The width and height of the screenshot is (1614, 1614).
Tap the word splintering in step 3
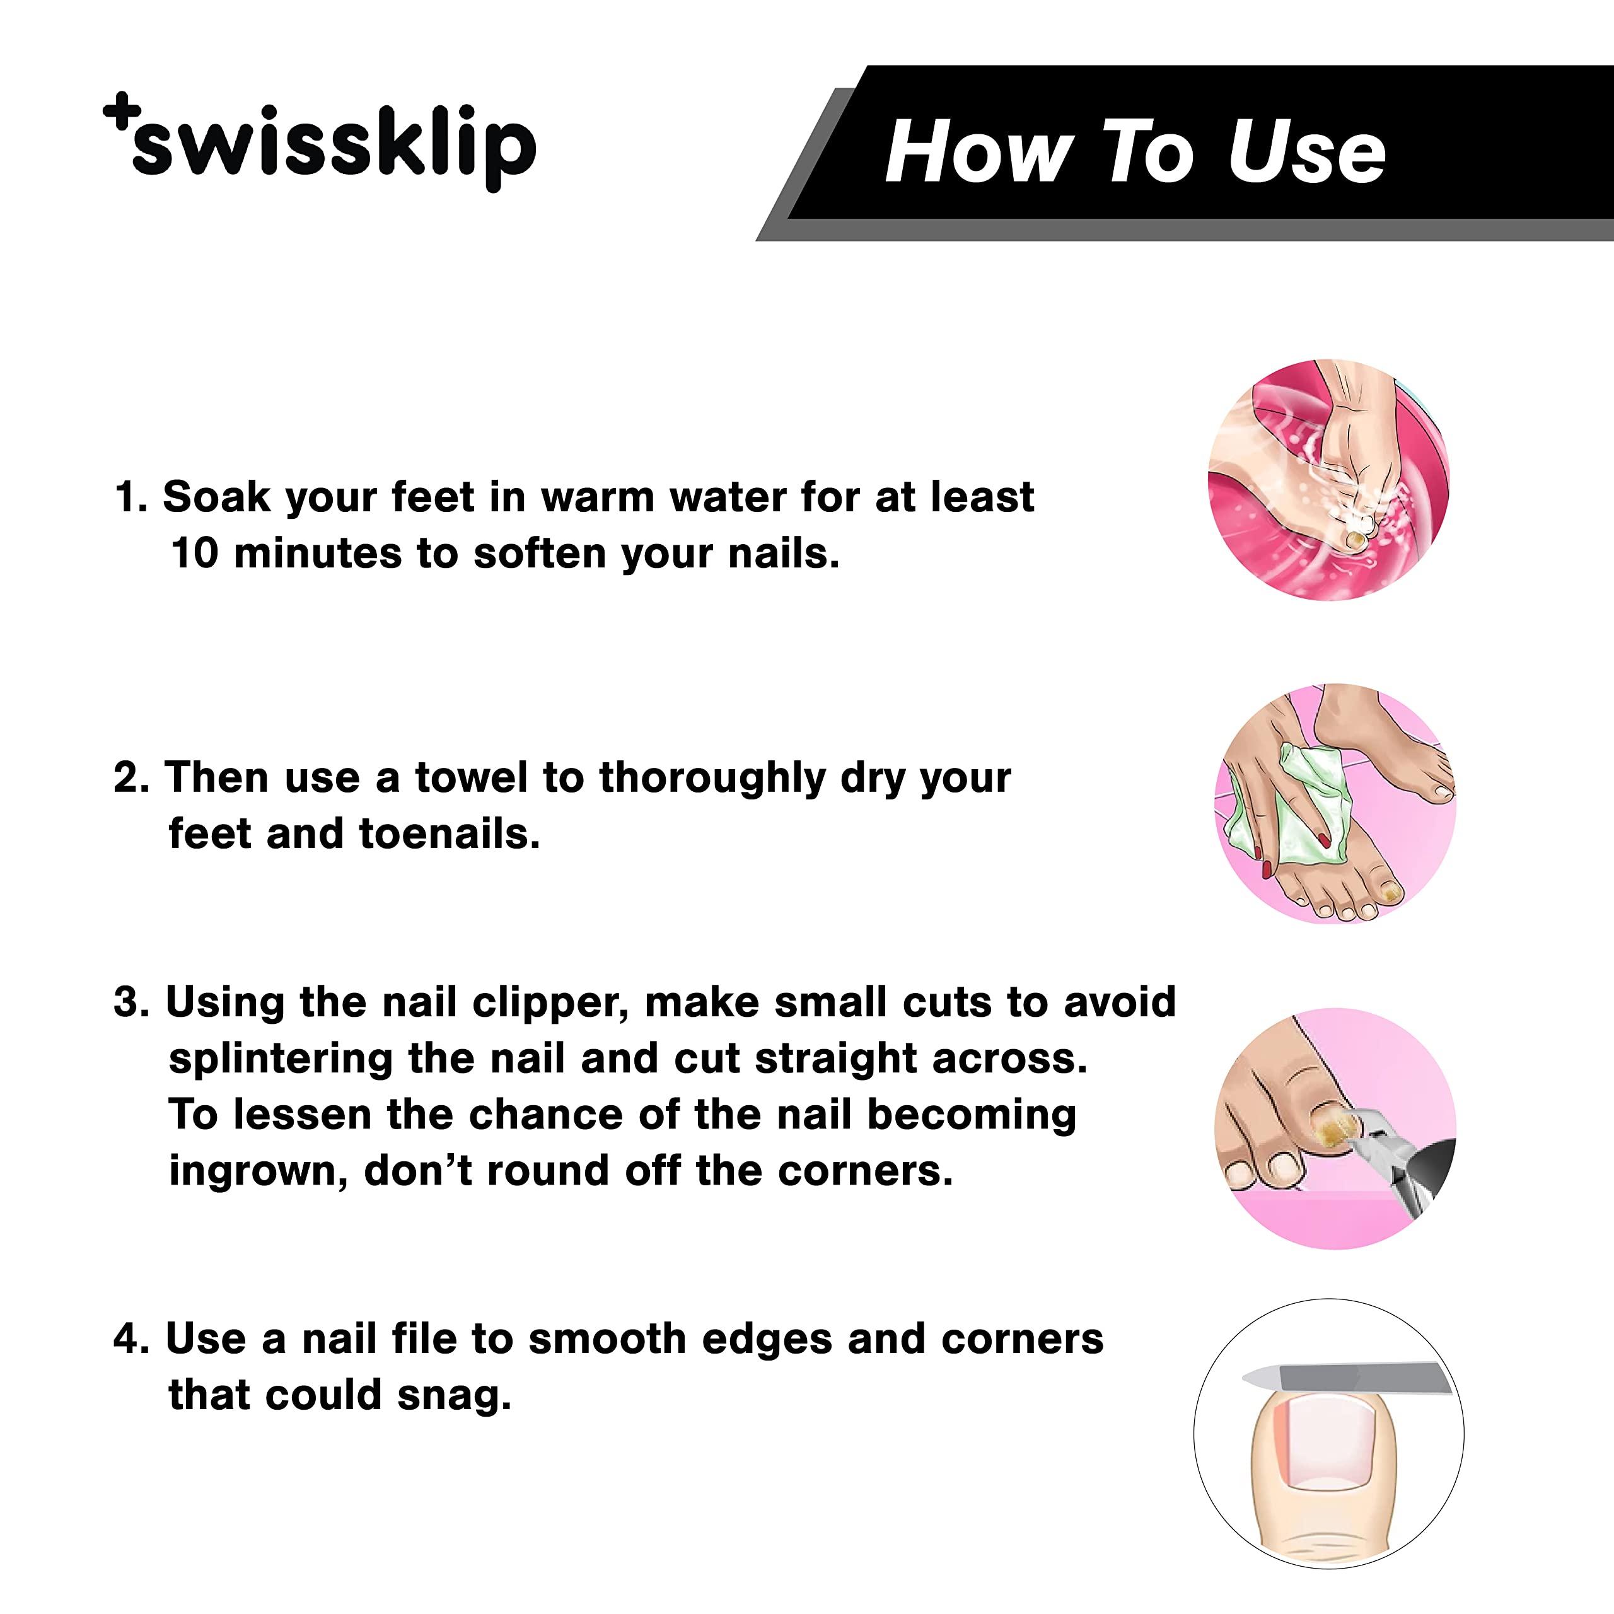[x=281, y=1059]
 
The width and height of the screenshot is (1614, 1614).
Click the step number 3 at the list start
[x=126, y=1002]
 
